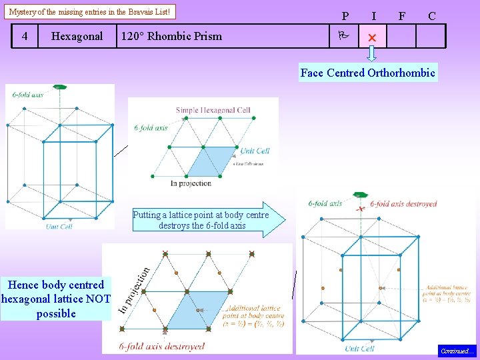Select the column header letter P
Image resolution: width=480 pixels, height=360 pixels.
[345, 16]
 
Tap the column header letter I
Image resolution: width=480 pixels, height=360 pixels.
[373, 16]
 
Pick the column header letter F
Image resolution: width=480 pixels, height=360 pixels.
[401, 16]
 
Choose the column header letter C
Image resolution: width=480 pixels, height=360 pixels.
[432, 16]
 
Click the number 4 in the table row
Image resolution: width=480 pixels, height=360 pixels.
[25, 36]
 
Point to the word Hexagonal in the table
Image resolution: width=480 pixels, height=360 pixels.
[77, 36]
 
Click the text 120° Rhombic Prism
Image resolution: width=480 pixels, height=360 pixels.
[171, 36]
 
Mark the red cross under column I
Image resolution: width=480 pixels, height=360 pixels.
[373, 37]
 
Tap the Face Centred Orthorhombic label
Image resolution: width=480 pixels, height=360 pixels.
[367, 73]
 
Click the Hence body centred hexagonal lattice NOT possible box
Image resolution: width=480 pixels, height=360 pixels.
[55, 299]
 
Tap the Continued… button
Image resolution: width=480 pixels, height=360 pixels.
[457, 351]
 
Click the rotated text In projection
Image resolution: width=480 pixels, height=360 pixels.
[133, 291]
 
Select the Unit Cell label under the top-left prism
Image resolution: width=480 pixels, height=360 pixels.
[59, 226]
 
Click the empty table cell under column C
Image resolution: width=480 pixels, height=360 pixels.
[431, 37]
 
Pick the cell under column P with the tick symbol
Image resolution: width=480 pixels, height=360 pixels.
[345, 37]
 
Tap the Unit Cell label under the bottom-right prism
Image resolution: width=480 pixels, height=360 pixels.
[360, 348]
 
